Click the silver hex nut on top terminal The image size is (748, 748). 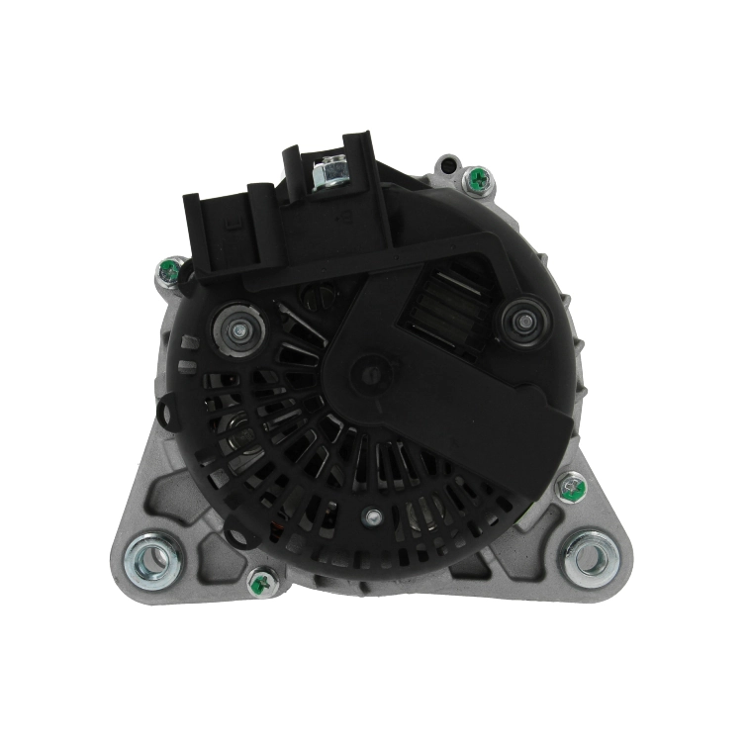pyautogui.click(x=328, y=175)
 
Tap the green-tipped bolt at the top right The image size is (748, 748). pyautogui.click(x=478, y=179)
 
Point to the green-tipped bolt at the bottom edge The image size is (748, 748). pyautogui.click(x=261, y=583)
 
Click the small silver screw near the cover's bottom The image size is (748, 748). pyautogui.click(x=373, y=515)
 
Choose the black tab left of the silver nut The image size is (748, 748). pyautogui.click(x=292, y=173)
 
